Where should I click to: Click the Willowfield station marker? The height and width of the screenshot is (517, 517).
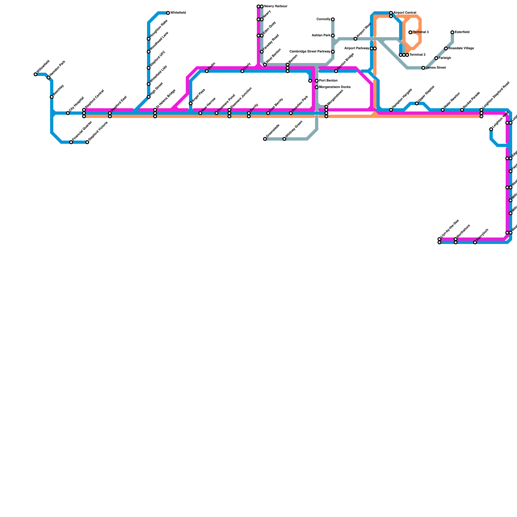(36, 74)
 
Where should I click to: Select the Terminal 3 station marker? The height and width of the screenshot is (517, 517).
(410, 32)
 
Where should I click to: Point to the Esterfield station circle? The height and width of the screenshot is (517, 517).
(452, 32)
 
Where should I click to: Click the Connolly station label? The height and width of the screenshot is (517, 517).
(323, 19)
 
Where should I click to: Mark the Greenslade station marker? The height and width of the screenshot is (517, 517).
(265, 139)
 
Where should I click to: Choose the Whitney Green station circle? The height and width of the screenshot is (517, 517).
(284, 139)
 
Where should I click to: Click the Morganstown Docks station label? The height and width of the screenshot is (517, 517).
(335, 87)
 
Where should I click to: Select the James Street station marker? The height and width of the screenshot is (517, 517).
(423, 68)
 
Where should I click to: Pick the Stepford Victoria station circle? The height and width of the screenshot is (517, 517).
(87, 142)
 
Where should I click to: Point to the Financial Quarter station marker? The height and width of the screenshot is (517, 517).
(71, 142)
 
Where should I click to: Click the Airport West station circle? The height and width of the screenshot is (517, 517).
(355, 39)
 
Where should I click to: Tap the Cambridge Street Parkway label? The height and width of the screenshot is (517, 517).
(310, 52)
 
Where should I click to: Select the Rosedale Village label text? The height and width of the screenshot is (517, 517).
(461, 48)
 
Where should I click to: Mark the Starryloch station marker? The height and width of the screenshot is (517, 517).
(475, 242)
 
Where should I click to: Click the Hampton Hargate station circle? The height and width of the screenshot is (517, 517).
(391, 110)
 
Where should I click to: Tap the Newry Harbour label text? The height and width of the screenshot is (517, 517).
(276, 6)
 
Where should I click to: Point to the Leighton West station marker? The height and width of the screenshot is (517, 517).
(491, 129)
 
